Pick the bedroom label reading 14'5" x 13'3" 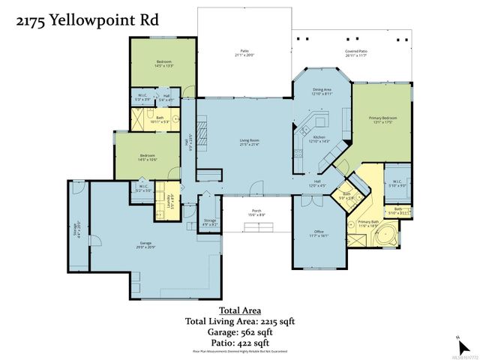[164, 63]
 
